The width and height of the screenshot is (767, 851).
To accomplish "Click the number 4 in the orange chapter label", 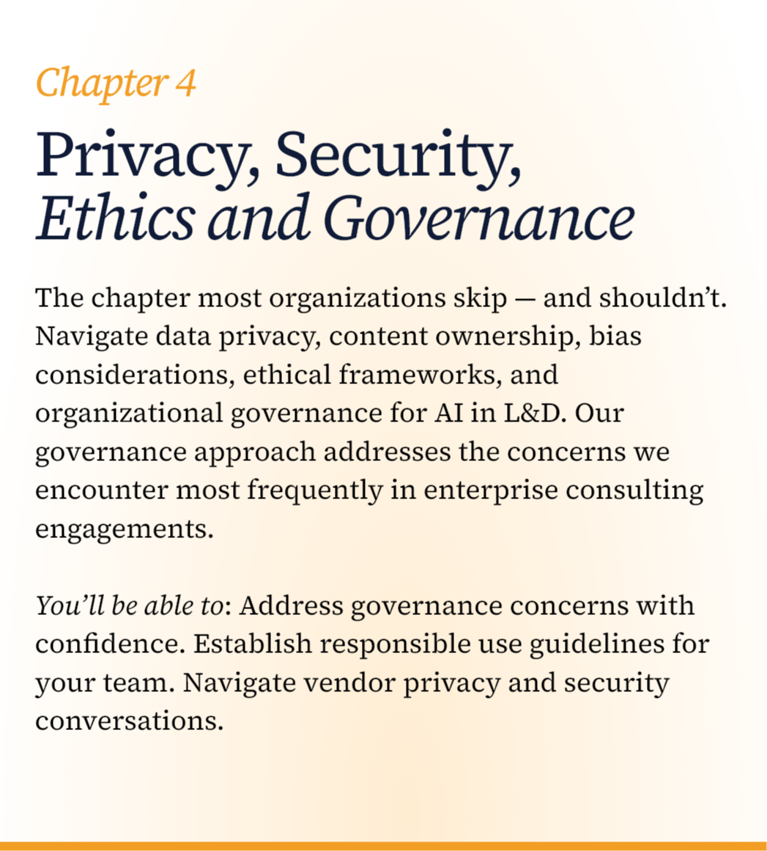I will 185,83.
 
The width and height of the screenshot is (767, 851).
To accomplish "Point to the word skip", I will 478,299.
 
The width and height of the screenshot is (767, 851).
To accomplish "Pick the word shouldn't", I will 663,299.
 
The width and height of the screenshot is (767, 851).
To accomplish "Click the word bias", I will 615,337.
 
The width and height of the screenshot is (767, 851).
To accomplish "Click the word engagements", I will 124,528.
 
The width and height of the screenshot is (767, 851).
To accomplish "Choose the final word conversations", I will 129,721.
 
